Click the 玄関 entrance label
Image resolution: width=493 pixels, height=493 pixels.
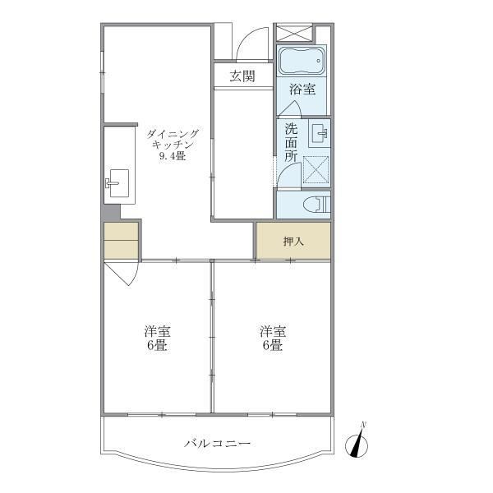[x=242, y=76]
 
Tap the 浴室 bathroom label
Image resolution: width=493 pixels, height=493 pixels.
[x=302, y=89]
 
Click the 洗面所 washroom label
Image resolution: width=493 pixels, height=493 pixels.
[x=291, y=141]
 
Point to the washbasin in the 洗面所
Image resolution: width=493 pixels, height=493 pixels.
[x=319, y=132]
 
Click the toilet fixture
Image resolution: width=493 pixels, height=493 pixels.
[x=316, y=205]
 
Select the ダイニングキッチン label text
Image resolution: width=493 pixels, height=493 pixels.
[x=172, y=137]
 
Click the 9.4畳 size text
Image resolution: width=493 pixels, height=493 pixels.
[x=172, y=157]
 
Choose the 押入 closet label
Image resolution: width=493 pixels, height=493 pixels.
[x=293, y=242]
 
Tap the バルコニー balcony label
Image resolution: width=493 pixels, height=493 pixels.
[x=217, y=444]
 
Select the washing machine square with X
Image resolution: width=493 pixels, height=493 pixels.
[x=316, y=170]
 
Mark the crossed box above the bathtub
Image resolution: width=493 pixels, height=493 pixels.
[x=295, y=33]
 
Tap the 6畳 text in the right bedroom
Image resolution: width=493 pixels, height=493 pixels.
[x=273, y=346]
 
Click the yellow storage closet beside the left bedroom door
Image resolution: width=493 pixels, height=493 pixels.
[x=121, y=240]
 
